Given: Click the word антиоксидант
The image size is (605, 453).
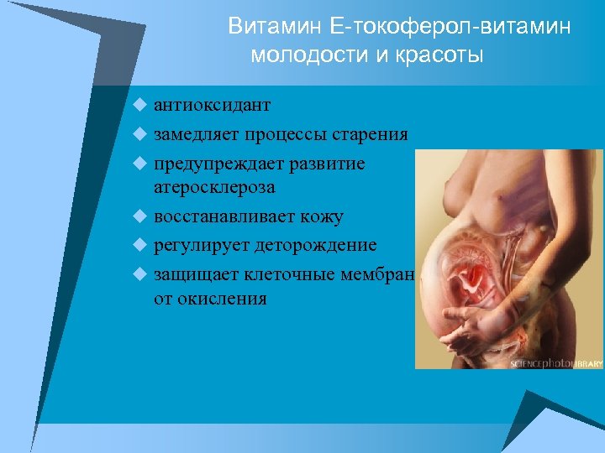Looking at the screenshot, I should click(x=212, y=106).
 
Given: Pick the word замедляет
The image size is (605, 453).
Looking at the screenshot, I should click(x=198, y=134).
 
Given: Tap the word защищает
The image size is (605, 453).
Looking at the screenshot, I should click(x=196, y=273).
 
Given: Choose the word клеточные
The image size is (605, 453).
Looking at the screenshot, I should click(x=292, y=273).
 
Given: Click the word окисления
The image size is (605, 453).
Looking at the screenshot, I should click(x=223, y=298).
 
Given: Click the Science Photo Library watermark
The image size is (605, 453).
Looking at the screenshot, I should click(x=556, y=363).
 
